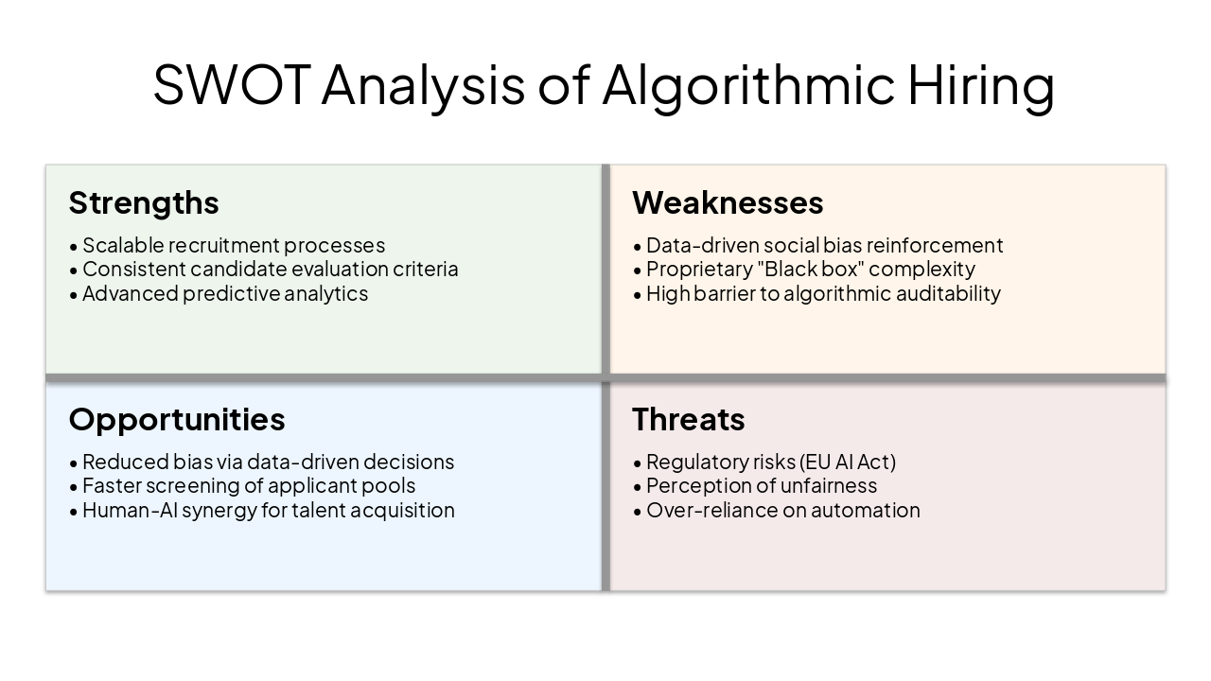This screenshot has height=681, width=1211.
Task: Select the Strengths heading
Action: pos(144,202)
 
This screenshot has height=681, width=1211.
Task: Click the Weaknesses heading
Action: pos(728,202)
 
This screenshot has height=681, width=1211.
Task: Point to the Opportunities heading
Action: pos(177,419)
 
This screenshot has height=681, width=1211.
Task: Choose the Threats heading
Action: pos(688,419)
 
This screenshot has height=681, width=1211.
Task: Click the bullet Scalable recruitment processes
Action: pos(233,245)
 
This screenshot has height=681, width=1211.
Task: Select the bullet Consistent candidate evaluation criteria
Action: pos(270,269)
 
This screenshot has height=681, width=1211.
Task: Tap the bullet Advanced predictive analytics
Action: pos(224,293)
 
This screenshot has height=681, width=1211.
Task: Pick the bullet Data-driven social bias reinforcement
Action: pos(824,245)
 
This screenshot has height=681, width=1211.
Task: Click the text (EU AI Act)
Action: pos(848,462)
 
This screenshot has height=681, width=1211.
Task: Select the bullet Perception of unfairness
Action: pos(761,485)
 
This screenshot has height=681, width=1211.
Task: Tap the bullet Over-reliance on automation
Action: pos(782,510)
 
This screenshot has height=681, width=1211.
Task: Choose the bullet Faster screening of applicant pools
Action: pos(248,485)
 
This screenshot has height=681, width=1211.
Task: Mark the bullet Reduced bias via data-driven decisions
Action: pos(268,462)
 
